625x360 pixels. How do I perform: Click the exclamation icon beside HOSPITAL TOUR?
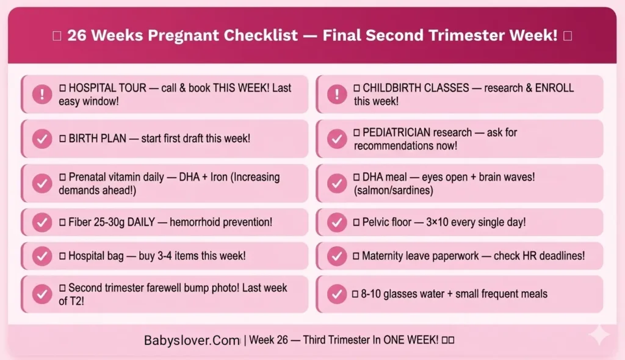[x=42, y=95]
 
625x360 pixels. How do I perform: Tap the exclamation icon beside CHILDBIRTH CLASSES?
[x=337, y=95]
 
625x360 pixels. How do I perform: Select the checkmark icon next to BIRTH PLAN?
[x=42, y=139]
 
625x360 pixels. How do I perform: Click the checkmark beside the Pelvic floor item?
[x=337, y=222]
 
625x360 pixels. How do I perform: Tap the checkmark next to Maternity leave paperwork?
[x=337, y=256]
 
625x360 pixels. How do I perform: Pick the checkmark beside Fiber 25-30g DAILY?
[x=42, y=222]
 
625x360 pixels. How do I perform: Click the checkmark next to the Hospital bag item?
[x=42, y=256]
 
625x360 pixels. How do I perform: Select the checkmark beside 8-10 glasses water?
[x=337, y=294]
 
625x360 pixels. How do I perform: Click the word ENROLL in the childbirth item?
[x=555, y=88]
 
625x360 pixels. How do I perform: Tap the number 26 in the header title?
[x=76, y=35]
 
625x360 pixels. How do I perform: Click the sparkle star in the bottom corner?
[x=599, y=335]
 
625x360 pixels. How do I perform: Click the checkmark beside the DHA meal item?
[x=337, y=183]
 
